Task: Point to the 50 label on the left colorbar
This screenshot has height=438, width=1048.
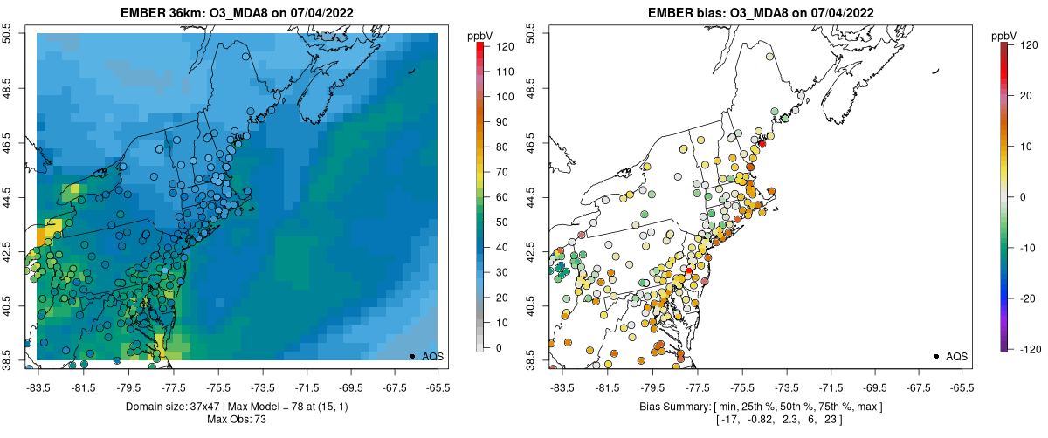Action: (x=498, y=222)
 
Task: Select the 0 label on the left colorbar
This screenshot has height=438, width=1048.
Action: (x=495, y=348)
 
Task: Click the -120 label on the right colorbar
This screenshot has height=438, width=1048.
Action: (x=1027, y=348)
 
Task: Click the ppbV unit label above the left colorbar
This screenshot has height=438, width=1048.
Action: (x=480, y=35)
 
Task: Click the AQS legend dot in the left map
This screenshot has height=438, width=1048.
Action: (x=411, y=356)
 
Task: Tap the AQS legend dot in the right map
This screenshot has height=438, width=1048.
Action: (x=935, y=356)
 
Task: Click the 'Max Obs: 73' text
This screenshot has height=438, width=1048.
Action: (x=237, y=420)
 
